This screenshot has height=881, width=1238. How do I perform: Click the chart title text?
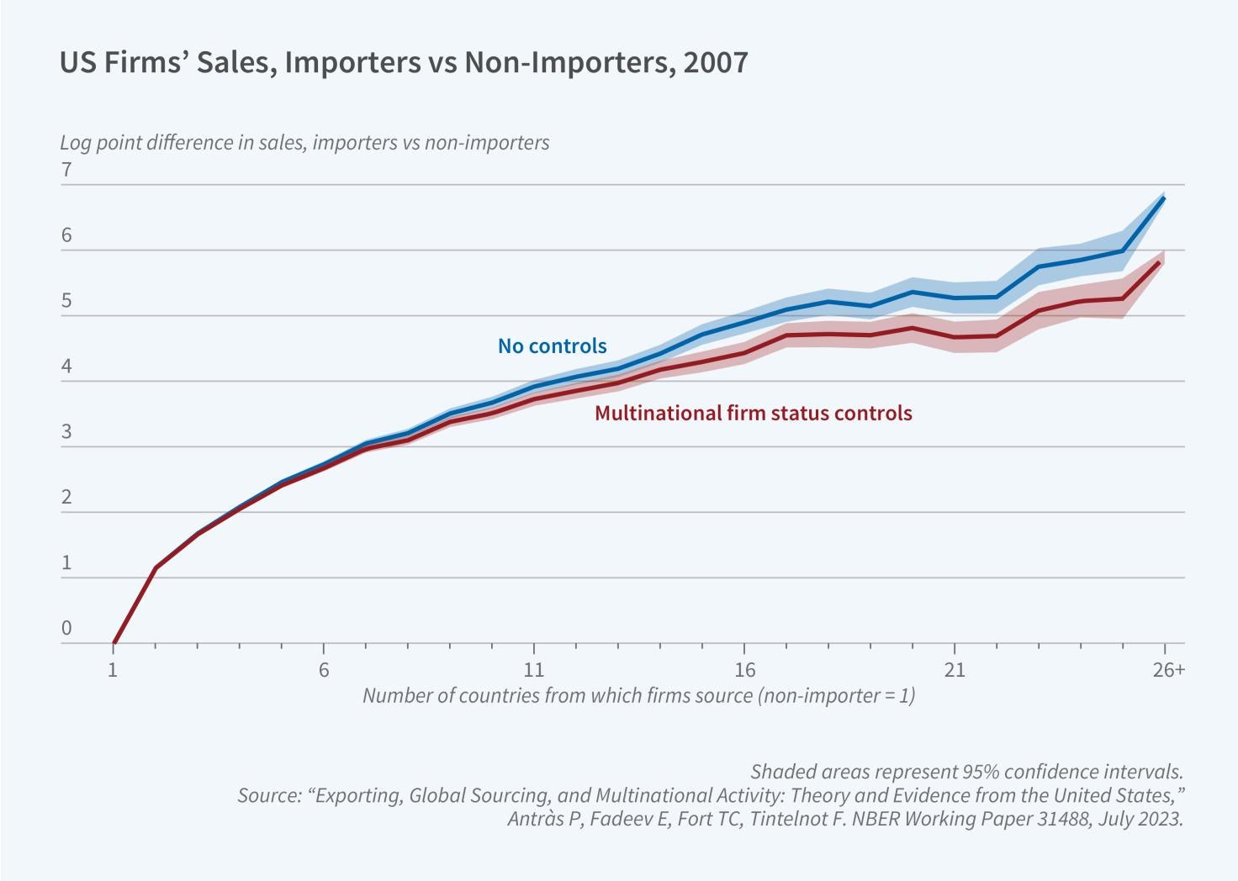(404, 64)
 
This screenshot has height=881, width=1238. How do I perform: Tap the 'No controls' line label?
(552, 346)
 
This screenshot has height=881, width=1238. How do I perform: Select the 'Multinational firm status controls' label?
(753, 413)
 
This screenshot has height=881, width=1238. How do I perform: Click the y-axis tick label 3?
(66, 433)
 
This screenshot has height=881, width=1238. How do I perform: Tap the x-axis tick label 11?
(533, 670)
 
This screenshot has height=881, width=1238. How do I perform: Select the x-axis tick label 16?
(743, 670)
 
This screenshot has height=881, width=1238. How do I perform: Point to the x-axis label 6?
(323, 670)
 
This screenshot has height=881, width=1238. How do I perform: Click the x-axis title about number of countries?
(638, 695)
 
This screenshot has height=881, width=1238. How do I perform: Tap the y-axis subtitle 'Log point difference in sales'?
(304, 142)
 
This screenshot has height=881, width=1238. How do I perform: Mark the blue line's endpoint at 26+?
(1164, 198)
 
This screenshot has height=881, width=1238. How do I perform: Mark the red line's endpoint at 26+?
(1161, 262)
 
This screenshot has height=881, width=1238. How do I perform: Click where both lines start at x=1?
(114, 643)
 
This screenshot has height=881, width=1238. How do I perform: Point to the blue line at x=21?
(955, 298)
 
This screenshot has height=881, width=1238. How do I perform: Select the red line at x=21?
(955, 337)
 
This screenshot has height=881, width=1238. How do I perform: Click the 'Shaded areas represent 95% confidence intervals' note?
(966, 771)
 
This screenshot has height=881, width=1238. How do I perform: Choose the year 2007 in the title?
(716, 64)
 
